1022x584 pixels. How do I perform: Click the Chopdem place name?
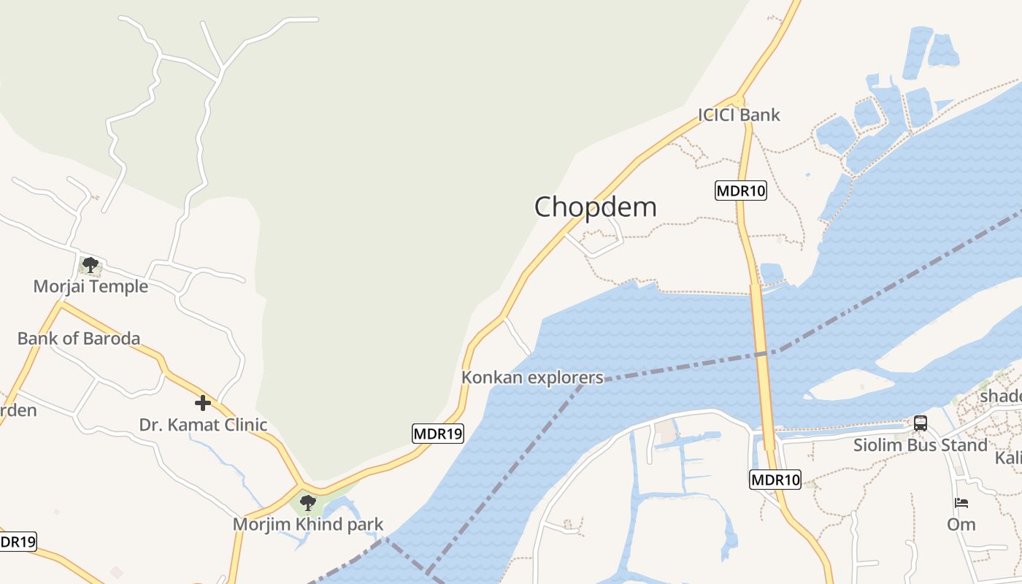[x=596, y=207]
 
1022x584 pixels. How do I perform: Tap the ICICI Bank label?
[x=739, y=115]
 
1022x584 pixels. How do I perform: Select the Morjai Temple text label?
[x=91, y=287]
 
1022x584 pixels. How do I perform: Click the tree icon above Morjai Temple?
[x=91, y=264]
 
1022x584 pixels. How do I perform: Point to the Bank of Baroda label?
[x=79, y=339]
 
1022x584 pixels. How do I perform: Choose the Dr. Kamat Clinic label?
[x=203, y=425]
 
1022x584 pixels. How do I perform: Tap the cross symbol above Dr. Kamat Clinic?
[x=203, y=402]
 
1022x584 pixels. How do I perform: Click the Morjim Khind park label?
[x=308, y=525]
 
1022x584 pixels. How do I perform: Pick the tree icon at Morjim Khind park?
[x=308, y=502]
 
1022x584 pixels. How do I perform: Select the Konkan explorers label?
[x=532, y=378]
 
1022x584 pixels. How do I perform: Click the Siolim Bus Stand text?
[x=921, y=445]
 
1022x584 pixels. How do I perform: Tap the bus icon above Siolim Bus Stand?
[x=921, y=423]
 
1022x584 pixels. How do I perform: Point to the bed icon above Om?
[x=961, y=503]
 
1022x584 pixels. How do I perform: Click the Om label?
[x=961, y=525]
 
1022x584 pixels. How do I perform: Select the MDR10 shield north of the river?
[x=741, y=191]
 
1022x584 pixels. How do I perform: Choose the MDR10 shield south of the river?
[x=775, y=480]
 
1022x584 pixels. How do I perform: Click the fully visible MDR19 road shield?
[x=438, y=434]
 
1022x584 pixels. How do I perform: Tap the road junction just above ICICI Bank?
[x=739, y=99]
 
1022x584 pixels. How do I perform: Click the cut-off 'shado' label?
[x=1001, y=396]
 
